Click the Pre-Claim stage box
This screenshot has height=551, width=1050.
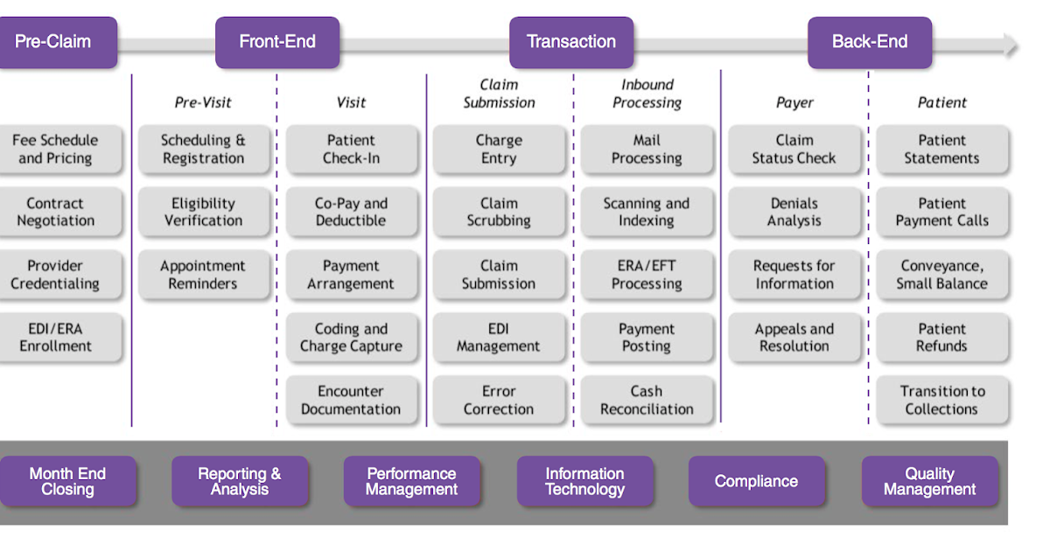[57, 42]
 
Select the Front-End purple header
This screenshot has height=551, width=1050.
[277, 42]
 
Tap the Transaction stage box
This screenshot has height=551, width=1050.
[571, 42]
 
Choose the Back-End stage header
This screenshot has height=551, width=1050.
[870, 42]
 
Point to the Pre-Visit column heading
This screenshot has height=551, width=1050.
[203, 102]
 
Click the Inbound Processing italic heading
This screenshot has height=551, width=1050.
[647, 94]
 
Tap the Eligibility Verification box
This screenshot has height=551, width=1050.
[204, 212]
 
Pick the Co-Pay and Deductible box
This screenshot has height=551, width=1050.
[352, 212]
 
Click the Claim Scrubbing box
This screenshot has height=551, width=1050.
[499, 212]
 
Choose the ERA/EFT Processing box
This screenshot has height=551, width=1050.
[647, 275]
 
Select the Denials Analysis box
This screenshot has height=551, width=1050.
[794, 212]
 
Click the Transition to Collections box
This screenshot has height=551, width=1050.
[942, 401]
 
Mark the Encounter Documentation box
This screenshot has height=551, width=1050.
[352, 401]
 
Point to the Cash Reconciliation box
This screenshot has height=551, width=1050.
[647, 401]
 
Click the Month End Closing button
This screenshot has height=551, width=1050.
[67, 481]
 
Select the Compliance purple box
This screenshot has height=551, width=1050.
[756, 481]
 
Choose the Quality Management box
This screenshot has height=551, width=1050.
[930, 481]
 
